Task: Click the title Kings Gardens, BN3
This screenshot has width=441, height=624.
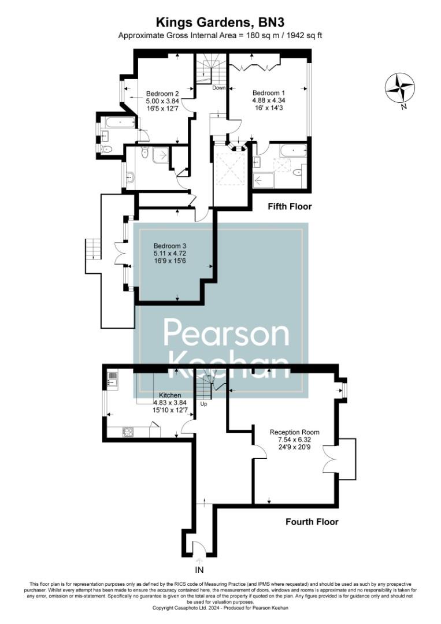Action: point(220,23)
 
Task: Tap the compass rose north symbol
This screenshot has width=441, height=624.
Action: point(399,88)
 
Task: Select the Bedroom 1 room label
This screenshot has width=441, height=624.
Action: point(269,92)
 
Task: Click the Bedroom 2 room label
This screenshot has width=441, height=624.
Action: point(162,94)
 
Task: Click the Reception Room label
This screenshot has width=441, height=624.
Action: point(294,432)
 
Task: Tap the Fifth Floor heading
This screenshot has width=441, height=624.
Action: point(289,206)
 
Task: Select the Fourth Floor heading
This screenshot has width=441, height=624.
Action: point(312,522)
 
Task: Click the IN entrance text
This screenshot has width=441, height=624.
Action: point(200,570)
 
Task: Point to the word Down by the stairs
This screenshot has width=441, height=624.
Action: point(218,88)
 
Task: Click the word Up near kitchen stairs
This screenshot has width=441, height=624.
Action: point(203,404)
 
